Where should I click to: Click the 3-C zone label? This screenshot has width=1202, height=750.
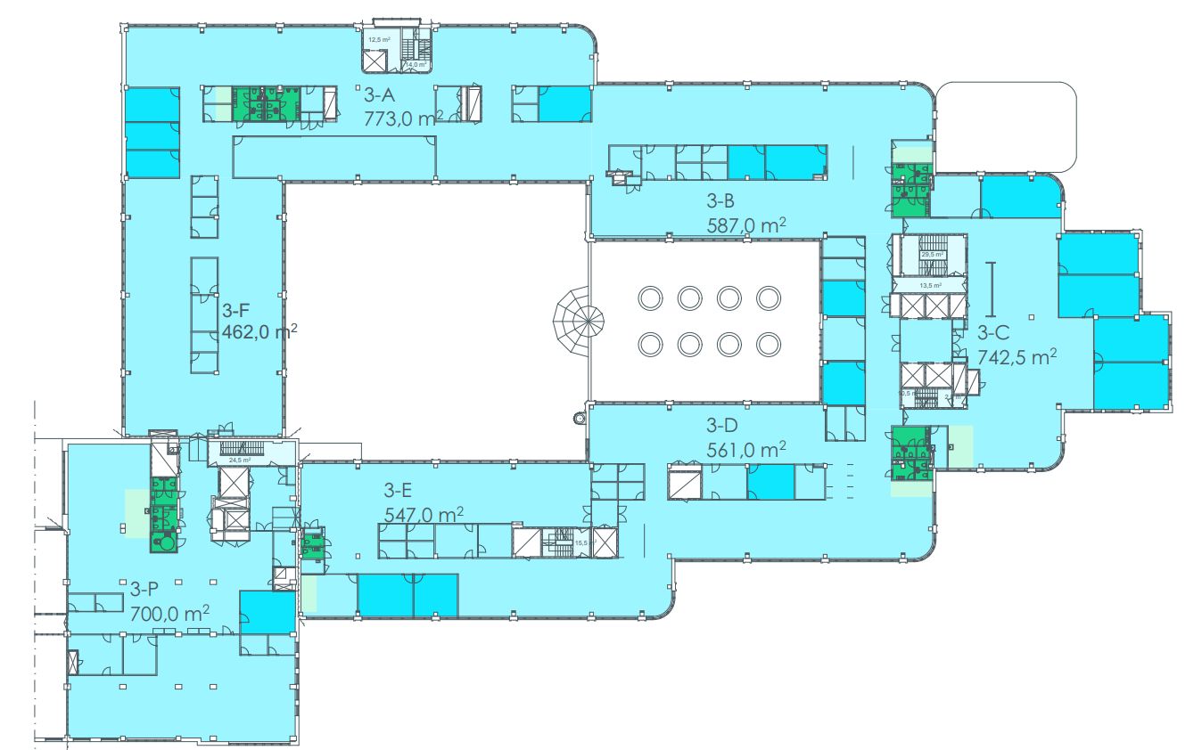point(993,334)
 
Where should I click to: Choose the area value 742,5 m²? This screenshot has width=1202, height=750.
point(1017,357)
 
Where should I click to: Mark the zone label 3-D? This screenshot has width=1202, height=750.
point(722,425)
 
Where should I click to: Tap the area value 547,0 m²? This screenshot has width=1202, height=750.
point(424,514)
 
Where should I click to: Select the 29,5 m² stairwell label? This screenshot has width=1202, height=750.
point(933,255)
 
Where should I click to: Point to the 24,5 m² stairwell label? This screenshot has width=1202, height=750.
point(239,461)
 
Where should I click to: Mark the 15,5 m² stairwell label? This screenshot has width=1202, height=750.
point(584,542)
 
